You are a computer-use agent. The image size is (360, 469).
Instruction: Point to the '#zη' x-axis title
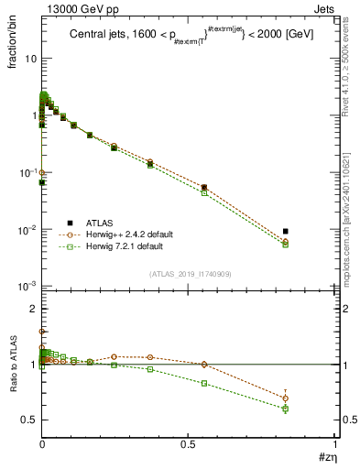[x=325, y=455]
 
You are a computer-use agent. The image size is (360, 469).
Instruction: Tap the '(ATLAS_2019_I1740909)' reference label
[x=190, y=274]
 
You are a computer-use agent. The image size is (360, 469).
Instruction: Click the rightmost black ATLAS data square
[x=286, y=232]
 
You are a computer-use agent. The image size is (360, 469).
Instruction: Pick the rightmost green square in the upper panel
[x=286, y=245]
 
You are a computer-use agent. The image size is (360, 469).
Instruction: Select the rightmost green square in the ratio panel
[x=286, y=409]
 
